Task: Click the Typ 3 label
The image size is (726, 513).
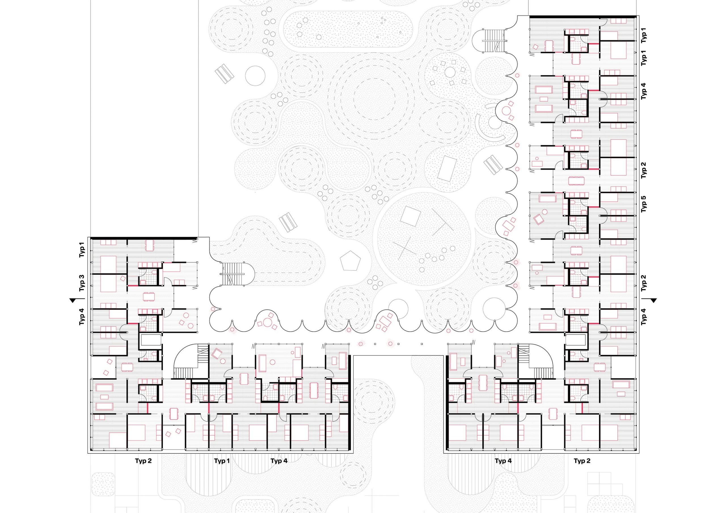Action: click(82, 283)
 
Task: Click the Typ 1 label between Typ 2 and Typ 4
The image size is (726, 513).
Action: click(222, 461)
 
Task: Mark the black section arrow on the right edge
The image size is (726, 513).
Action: click(651, 300)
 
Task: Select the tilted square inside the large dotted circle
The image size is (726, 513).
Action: click(410, 216)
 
